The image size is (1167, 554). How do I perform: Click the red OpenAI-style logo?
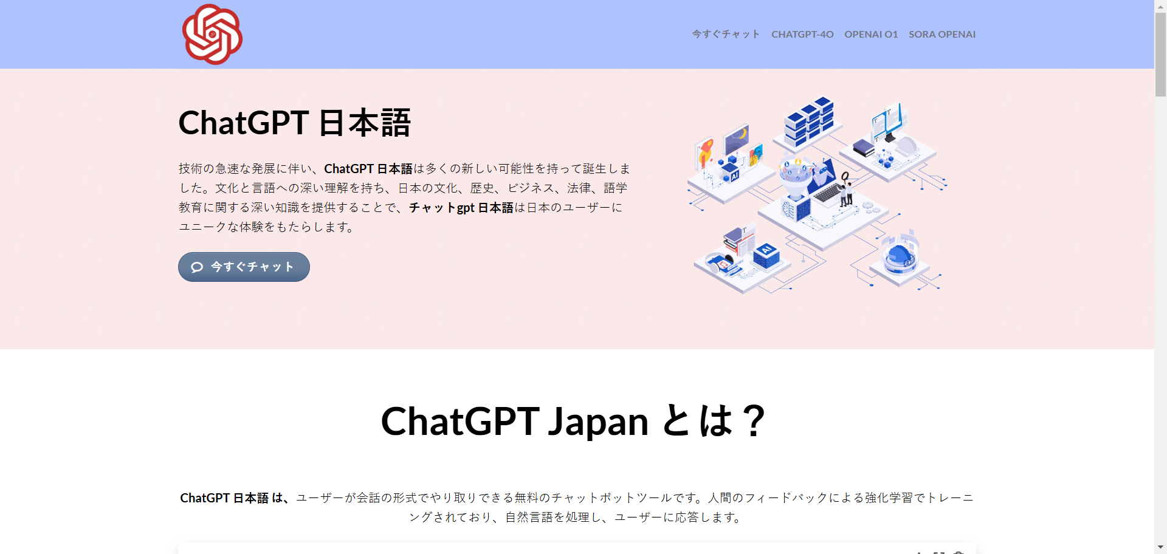point(212,35)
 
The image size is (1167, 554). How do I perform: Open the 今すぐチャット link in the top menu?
point(726,35)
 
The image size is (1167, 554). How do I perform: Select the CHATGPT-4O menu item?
point(802,35)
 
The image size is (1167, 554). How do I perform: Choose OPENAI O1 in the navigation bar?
point(870,35)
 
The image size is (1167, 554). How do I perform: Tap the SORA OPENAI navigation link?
point(942,35)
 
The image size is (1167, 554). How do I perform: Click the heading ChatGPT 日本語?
point(294,123)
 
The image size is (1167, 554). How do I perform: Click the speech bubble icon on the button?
point(197,267)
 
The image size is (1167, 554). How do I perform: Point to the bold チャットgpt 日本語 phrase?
point(461,208)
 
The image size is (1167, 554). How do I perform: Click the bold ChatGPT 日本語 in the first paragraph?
point(368,169)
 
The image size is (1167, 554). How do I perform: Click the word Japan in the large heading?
point(598,422)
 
